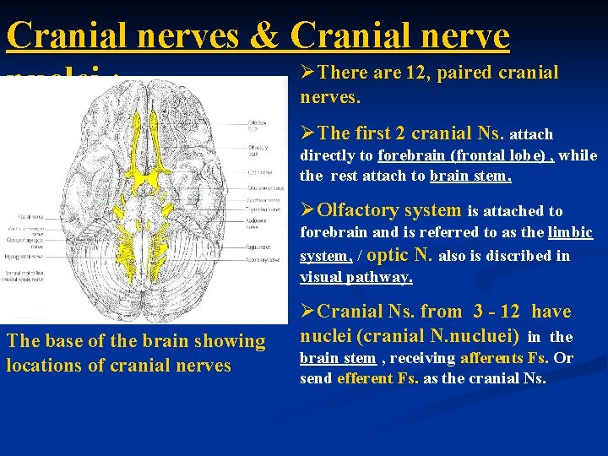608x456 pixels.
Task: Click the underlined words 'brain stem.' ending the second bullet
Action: tap(470, 176)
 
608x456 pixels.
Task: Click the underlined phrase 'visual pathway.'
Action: tap(356, 276)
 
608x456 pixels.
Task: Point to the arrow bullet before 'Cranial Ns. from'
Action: tap(307, 312)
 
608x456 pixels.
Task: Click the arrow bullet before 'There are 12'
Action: tap(307, 73)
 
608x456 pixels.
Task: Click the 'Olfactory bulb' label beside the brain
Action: tap(257, 126)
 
